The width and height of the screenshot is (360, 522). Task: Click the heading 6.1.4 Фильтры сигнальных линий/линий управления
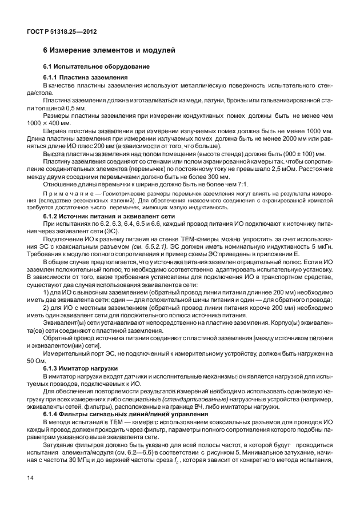coord(122,414)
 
